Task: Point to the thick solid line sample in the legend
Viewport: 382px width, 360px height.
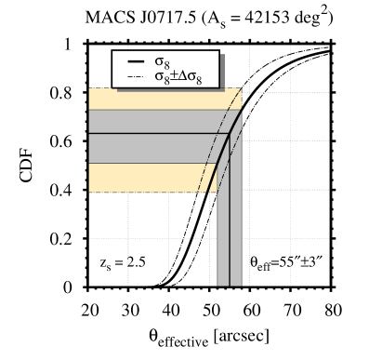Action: click(135, 61)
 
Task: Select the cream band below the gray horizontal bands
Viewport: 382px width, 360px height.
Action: click(139, 177)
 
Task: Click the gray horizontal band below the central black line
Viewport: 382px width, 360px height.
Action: click(139, 148)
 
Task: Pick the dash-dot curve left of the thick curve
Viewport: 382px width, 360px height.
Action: click(206, 167)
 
